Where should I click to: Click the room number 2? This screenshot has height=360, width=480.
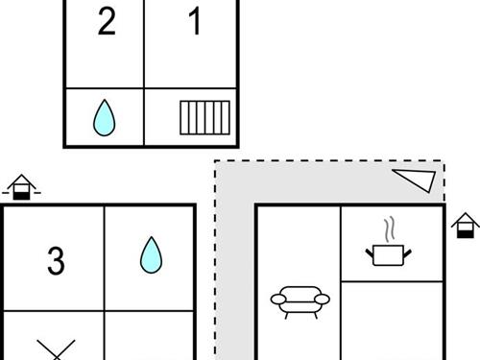[x=107, y=21]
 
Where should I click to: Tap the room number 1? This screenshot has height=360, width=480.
[x=195, y=21]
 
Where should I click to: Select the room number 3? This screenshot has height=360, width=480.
[x=56, y=261]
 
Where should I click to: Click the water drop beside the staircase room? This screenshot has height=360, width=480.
[x=104, y=118]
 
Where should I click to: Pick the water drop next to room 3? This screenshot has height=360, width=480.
[x=151, y=255]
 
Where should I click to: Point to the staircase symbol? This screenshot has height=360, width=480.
[x=204, y=118]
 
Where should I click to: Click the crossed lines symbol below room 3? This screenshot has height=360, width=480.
[x=57, y=349]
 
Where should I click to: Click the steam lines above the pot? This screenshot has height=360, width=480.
[x=389, y=229]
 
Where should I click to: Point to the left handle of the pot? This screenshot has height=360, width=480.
[x=370, y=253]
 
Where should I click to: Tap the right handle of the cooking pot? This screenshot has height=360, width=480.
[x=407, y=253]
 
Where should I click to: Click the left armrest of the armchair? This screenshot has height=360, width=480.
[x=278, y=300]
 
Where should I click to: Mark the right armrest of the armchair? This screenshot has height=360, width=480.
[x=322, y=300]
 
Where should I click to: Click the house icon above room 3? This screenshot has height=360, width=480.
[x=21, y=187]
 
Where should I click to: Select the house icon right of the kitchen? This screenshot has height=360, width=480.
[x=466, y=226]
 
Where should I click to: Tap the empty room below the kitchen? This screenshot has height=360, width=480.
[x=392, y=321]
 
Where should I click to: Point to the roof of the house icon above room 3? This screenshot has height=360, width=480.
[x=21, y=181]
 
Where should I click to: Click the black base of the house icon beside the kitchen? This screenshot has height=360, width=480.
[x=466, y=234]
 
